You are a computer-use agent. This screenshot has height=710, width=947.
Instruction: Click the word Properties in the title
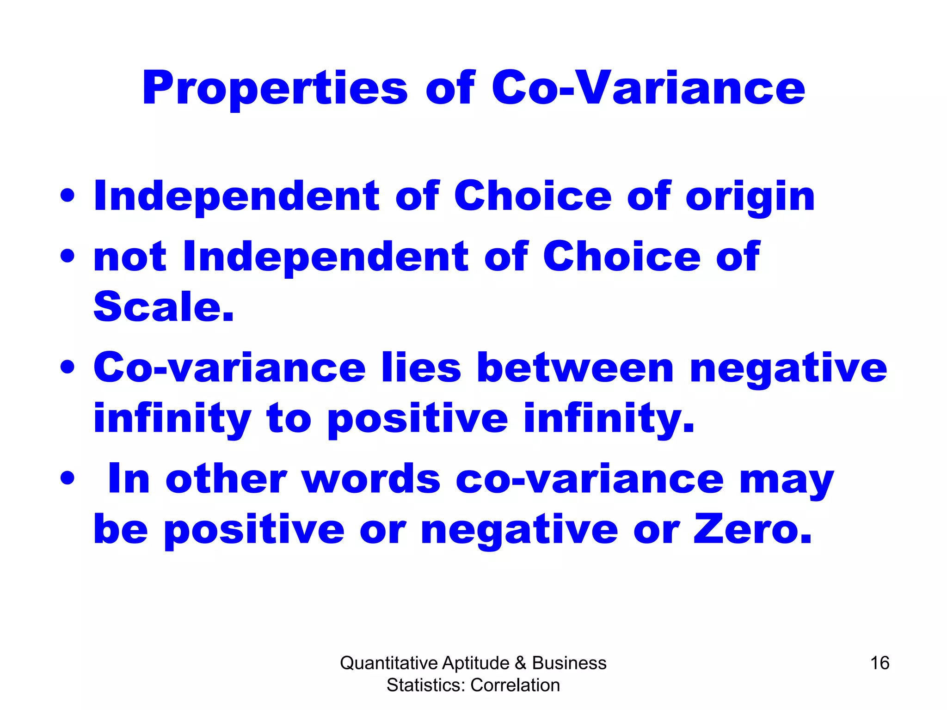tap(275, 89)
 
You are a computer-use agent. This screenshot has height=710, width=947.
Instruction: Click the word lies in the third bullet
tap(421, 368)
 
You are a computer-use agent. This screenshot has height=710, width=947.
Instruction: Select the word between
tap(575, 368)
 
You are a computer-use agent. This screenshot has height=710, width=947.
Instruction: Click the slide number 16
tap(879, 663)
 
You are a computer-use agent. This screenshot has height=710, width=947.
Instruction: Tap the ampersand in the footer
tap(520, 663)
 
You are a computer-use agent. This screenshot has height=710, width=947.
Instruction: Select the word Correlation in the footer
tap(515, 685)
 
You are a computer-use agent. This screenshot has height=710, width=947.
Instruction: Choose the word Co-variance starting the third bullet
tap(229, 368)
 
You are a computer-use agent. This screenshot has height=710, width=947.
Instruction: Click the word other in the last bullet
tap(226, 479)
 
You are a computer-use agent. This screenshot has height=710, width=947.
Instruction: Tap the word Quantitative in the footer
tap(389, 663)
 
